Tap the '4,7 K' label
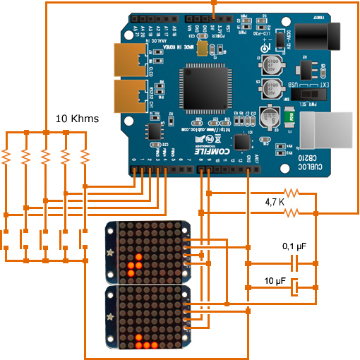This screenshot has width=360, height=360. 275,202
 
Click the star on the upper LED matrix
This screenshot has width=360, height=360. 109,251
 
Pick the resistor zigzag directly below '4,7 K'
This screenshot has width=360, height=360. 292,211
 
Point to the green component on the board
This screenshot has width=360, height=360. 290,116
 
